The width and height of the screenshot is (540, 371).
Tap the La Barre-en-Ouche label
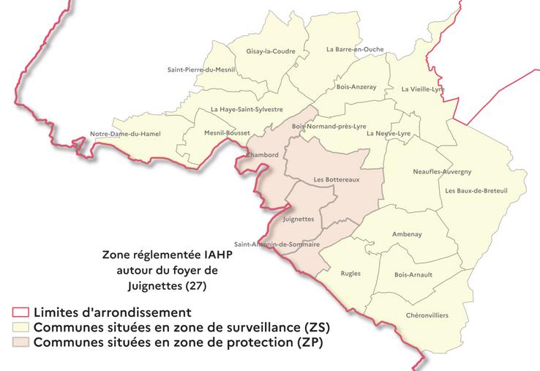point(354,50)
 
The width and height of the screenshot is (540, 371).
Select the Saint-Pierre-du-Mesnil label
point(199,70)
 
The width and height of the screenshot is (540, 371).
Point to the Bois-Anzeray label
point(356,86)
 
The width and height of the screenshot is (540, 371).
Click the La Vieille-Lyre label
point(423,89)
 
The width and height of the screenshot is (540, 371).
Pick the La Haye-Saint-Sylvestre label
point(247,109)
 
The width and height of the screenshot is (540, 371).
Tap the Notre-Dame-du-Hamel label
point(124,134)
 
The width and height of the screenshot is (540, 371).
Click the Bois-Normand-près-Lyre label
point(329,126)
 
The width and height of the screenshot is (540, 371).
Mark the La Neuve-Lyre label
point(389,133)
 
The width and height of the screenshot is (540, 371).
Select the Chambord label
point(263,155)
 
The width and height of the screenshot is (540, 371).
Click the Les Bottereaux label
point(336,179)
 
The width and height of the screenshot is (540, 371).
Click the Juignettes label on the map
point(298,219)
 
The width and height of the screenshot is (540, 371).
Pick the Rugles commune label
point(350,273)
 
